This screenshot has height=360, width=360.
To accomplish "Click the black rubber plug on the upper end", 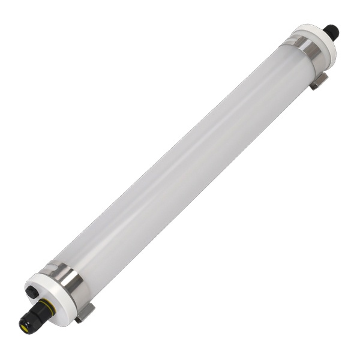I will (x=331, y=31).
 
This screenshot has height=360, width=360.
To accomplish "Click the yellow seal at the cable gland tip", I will (x=25, y=327).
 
